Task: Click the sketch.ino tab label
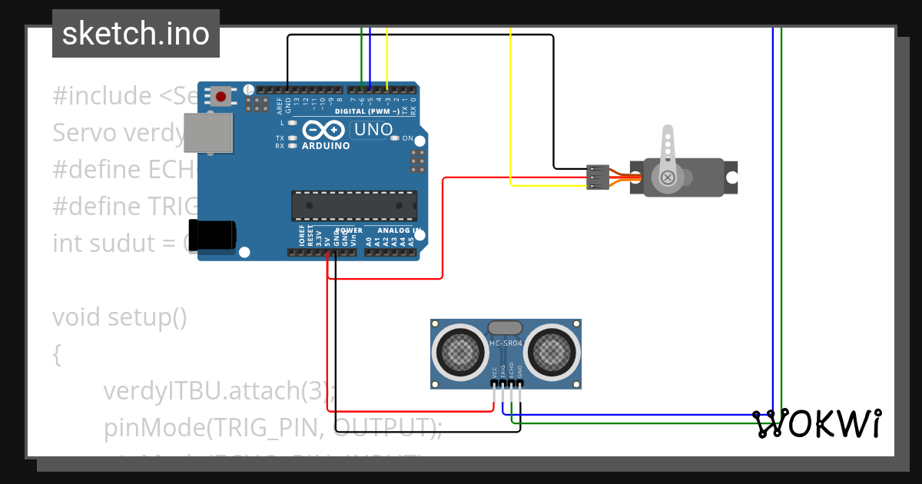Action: pos(136,34)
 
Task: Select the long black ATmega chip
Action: pos(354,205)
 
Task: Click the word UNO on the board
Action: pos(372,130)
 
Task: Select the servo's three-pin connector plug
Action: pos(596,177)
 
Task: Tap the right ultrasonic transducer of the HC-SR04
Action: pos(550,353)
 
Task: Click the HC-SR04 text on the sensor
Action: pos(506,343)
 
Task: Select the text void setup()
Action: pos(120,317)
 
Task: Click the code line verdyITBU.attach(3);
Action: pos(220,390)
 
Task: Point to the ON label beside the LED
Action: pos(408,139)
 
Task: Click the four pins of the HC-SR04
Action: pos(507,383)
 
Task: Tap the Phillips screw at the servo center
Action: pos(668,178)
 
